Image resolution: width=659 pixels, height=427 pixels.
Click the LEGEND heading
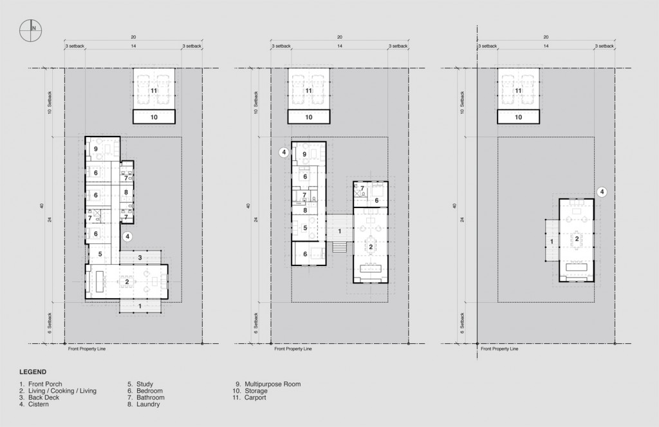point(33,372)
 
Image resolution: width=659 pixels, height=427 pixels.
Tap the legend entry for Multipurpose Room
point(268,384)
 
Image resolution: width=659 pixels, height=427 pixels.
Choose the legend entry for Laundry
point(147,404)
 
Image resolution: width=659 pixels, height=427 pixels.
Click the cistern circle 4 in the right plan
point(602,191)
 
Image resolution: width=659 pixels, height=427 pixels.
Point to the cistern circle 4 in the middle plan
point(283,153)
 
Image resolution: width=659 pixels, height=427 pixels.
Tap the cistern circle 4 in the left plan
point(127,236)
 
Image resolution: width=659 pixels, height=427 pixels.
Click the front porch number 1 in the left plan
point(140,307)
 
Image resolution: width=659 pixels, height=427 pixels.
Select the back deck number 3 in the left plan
point(140,258)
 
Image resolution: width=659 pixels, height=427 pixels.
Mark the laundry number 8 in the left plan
point(126,192)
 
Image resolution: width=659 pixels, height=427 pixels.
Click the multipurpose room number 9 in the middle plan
point(304,154)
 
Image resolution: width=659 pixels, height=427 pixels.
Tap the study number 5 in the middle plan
point(305,227)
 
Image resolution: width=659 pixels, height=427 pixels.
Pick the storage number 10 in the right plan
point(519,117)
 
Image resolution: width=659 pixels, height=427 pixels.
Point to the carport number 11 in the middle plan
point(308,91)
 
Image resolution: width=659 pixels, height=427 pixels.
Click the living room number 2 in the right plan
point(577,239)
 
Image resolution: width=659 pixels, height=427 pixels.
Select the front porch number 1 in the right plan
point(551,241)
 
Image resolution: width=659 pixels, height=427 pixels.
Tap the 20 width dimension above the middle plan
point(339,37)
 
